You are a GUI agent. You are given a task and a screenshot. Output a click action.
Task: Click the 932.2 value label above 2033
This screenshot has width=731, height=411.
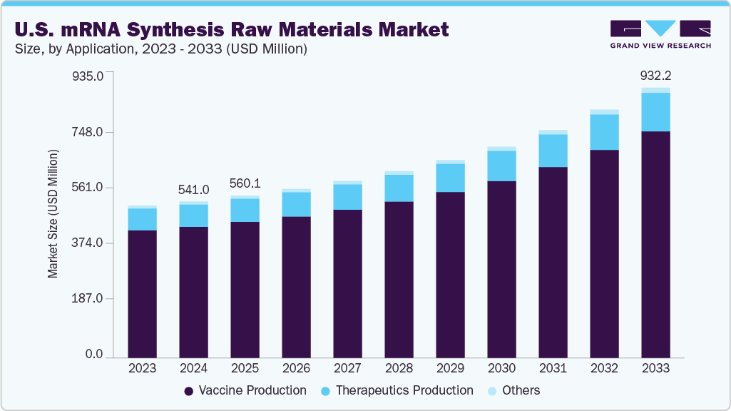[x=655, y=75]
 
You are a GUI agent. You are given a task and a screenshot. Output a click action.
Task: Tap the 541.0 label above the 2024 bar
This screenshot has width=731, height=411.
[x=193, y=190]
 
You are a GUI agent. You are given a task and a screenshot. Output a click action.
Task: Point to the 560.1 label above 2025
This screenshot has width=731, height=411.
[x=245, y=183]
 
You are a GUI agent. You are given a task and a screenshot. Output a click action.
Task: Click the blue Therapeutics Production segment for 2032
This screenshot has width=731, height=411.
[x=604, y=132]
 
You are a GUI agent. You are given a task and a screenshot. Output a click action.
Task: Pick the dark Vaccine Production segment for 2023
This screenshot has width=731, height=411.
[x=142, y=293]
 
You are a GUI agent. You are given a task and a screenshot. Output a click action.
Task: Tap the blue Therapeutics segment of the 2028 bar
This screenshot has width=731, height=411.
[x=399, y=188]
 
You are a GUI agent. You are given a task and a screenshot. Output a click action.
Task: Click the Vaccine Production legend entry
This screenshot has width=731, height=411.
[x=245, y=390]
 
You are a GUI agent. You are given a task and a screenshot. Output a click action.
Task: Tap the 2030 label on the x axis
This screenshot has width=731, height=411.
[x=501, y=368]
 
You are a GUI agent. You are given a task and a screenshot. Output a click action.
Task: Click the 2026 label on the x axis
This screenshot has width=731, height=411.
[x=296, y=368]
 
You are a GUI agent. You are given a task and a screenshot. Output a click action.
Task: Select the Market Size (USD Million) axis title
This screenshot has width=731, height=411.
[x=53, y=213]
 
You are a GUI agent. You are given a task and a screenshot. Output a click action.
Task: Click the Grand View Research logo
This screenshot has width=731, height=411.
[x=660, y=34]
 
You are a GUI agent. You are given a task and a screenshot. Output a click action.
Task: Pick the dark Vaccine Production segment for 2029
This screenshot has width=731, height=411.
[x=450, y=275]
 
